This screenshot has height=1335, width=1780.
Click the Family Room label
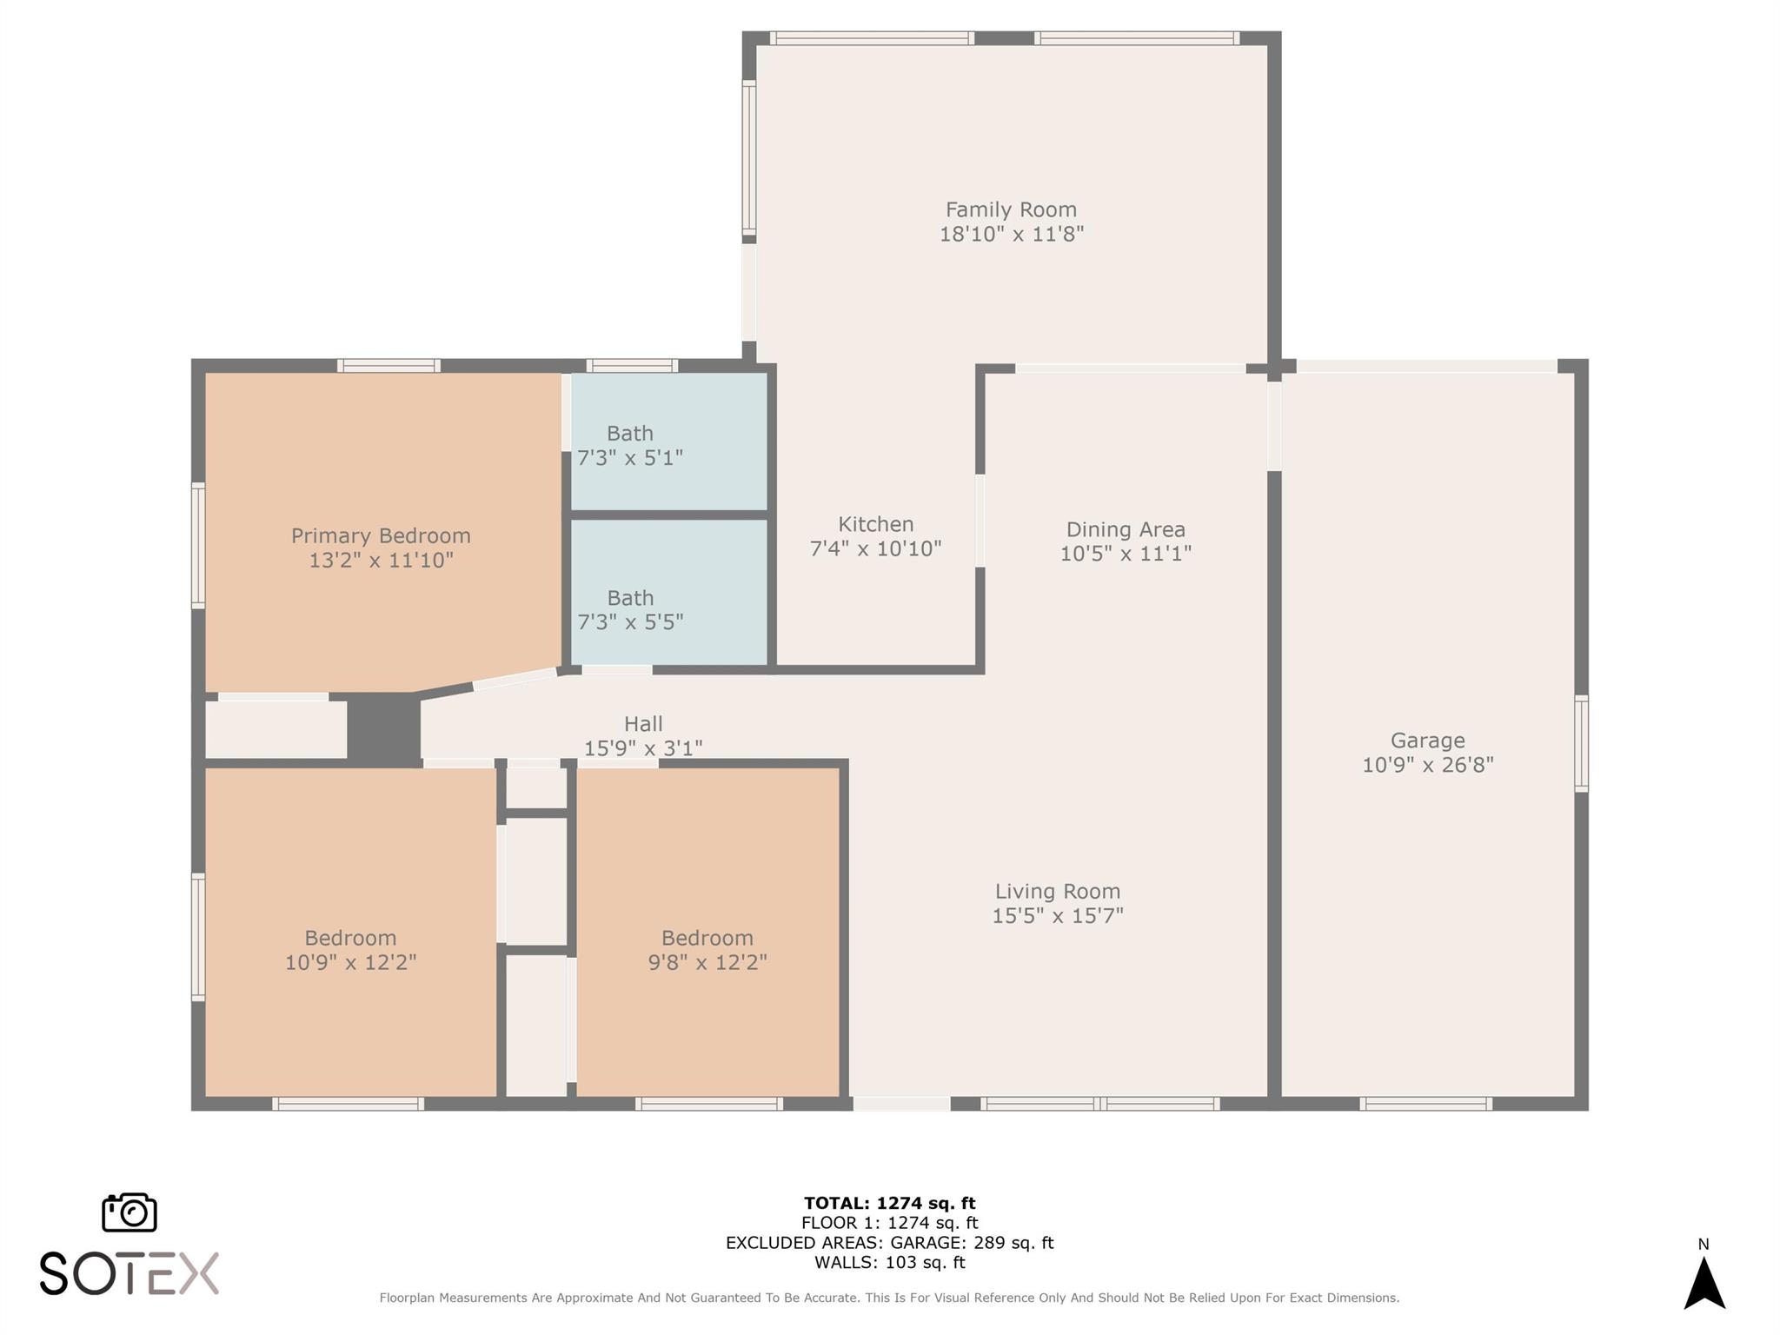pos(1011,209)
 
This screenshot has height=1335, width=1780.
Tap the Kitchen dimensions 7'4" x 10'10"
pos(876,548)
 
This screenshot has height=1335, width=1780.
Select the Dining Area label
pos(1126,530)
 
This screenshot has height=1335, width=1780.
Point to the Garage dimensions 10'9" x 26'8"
pos(1428,765)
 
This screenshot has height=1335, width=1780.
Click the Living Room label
pos(1058,892)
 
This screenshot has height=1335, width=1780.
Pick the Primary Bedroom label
pos(381,536)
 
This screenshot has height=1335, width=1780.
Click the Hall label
pos(643,724)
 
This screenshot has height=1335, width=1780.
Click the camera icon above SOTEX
pos(130,1212)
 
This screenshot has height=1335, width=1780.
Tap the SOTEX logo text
pos(129,1274)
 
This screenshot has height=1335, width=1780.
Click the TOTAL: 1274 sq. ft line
pos(889,1204)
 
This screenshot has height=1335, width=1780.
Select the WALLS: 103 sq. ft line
pos(889,1263)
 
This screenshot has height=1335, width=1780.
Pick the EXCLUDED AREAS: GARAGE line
pos(889,1243)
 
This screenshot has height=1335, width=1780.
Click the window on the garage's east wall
pos(1582,743)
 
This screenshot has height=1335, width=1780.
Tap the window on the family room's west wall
pos(748,158)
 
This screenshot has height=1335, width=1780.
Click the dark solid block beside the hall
pos(383,727)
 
